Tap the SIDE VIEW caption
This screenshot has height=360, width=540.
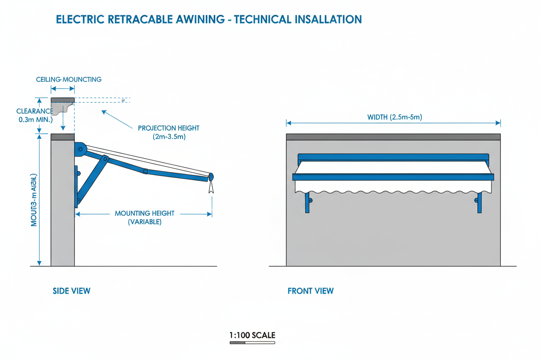(71, 291)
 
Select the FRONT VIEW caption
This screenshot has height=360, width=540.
(310, 291)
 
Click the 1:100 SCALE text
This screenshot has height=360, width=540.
(252, 335)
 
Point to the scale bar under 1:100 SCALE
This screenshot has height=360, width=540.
(252, 343)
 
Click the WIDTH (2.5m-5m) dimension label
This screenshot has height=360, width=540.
(394, 117)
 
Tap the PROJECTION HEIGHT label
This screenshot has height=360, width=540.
(168, 128)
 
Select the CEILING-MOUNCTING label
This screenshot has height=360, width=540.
(68, 79)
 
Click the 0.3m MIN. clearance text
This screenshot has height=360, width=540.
(35, 119)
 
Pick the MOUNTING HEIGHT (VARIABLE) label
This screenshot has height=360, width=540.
(145, 217)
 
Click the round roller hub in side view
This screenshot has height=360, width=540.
(80, 150)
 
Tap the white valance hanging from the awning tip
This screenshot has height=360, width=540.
(210, 186)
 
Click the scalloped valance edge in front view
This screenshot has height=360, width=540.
(394, 191)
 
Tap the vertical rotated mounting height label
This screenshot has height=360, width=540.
(34, 200)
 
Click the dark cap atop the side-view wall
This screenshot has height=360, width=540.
(63, 137)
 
